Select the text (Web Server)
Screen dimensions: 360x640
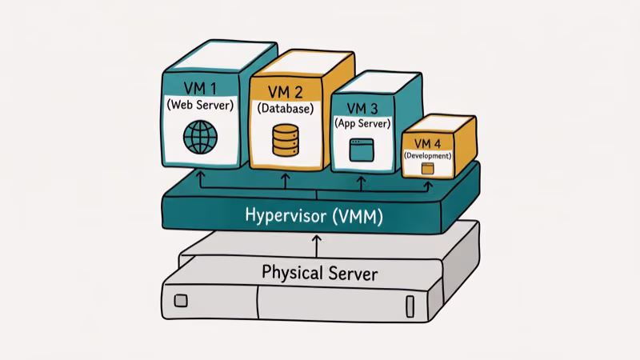[200, 105]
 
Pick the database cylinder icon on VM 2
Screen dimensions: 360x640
[285, 140]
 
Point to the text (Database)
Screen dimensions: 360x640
[285, 108]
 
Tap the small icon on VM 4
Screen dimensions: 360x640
[427, 168]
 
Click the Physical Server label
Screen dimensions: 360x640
[319, 273]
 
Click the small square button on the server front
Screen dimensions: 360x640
[181, 302]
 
